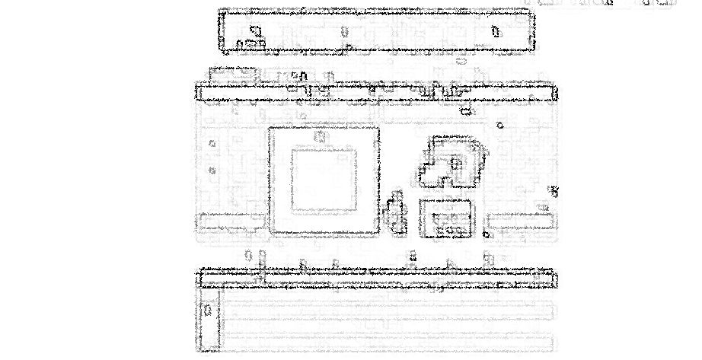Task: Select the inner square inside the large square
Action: click(x=324, y=180)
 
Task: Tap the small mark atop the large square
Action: click(x=321, y=137)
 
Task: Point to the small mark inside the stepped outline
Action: click(x=456, y=163)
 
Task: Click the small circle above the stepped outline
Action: click(x=499, y=125)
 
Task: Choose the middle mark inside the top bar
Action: click(x=344, y=31)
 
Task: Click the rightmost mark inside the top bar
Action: click(x=495, y=31)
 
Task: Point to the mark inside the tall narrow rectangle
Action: click(x=209, y=310)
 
